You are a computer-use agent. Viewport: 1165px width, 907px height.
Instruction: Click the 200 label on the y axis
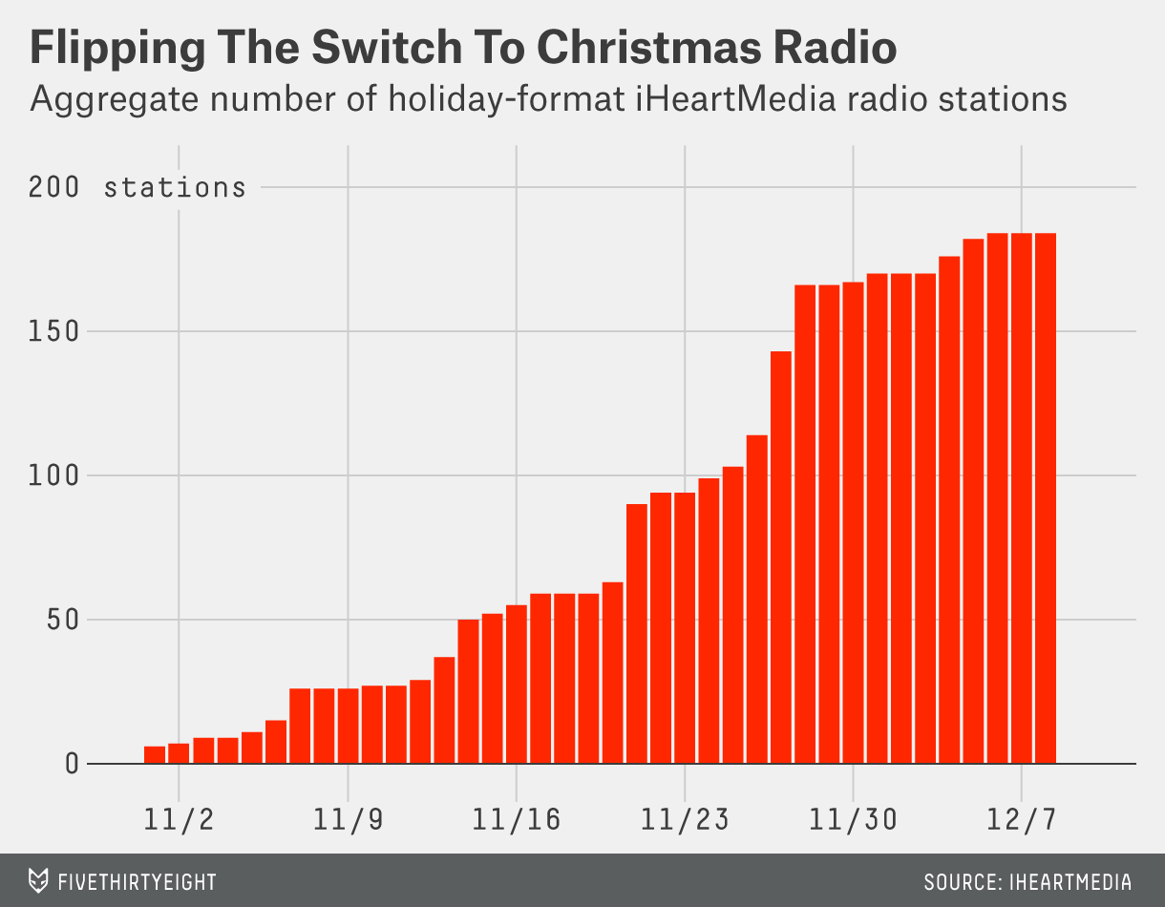54,188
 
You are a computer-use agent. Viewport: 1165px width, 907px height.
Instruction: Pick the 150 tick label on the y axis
54,332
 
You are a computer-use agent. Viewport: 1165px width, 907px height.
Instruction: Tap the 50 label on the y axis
63,620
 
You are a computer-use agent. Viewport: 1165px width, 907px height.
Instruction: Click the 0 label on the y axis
72,764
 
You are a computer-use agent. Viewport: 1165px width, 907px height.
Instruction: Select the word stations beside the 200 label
175,188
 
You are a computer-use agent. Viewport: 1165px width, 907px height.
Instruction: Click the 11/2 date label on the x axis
180,819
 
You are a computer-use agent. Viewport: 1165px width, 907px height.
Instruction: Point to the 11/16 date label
517,819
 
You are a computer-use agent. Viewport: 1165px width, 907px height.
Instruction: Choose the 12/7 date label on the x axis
1022,819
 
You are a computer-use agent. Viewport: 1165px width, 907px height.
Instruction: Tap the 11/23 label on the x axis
685,819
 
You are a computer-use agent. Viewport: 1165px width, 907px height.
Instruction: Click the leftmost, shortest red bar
155,755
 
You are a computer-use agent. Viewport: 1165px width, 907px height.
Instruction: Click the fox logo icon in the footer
38,880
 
